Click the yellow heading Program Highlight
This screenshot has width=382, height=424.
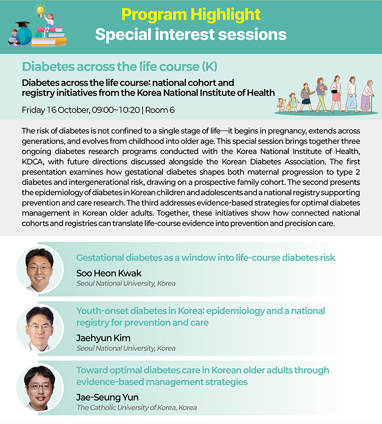(x=191, y=15)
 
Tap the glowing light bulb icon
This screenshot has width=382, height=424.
(x=40, y=10)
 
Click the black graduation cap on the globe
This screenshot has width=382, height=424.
(x=23, y=24)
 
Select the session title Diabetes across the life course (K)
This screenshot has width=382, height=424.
(x=120, y=67)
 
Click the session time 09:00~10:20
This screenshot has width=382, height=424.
(x=116, y=110)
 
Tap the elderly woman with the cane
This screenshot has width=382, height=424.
(x=367, y=96)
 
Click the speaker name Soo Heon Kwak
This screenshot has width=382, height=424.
(x=108, y=273)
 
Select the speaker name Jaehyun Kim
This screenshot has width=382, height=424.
(x=103, y=338)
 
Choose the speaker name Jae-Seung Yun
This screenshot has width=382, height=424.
(x=107, y=397)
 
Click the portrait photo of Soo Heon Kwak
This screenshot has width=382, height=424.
(x=40, y=269)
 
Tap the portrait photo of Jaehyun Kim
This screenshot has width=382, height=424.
(x=40, y=328)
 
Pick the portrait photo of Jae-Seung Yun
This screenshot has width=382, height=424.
(x=40, y=387)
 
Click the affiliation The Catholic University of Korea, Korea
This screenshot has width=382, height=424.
(x=137, y=408)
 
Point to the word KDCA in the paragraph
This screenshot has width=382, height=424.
(x=33, y=162)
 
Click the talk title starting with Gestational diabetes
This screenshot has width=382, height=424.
(x=206, y=258)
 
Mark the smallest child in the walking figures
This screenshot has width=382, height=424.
(x=282, y=105)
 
